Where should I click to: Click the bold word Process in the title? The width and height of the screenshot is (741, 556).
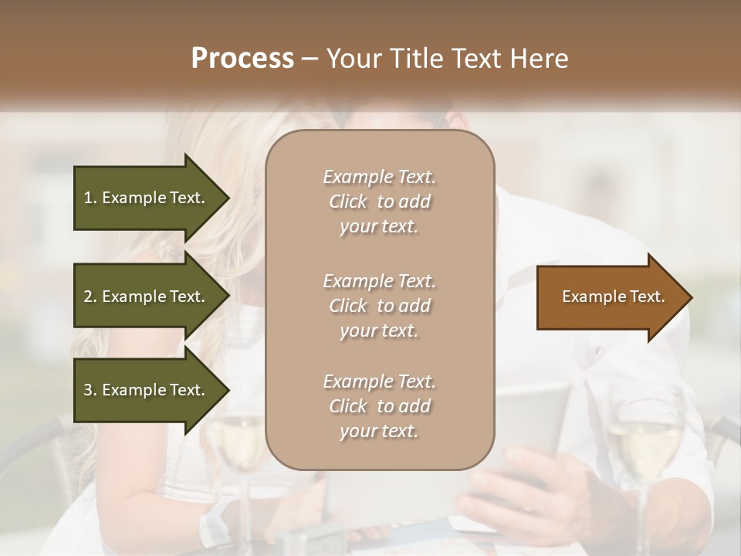click(x=242, y=59)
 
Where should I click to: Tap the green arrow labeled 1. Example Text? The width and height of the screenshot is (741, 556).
click(x=147, y=198)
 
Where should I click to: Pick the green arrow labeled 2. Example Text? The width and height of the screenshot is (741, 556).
click(x=147, y=297)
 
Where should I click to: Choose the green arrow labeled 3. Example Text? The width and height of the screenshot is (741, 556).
click(x=147, y=390)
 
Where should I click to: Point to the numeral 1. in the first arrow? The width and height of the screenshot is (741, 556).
click(x=90, y=198)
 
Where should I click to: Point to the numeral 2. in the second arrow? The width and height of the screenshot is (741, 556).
click(x=90, y=297)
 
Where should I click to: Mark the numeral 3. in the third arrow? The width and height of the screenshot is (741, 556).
click(x=90, y=390)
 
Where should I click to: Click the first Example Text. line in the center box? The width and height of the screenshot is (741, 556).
click(x=379, y=177)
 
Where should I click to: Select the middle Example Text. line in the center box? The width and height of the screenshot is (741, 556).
click(x=379, y=280)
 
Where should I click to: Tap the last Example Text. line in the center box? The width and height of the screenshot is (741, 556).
click(x=379, y=381)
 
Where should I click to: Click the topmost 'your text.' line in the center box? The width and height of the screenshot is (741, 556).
click(x=379, y=227)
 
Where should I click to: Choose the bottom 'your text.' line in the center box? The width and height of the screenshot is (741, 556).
click(x=379, y=432)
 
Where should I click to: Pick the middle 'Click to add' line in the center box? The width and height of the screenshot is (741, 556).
click(x=379, y=306)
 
